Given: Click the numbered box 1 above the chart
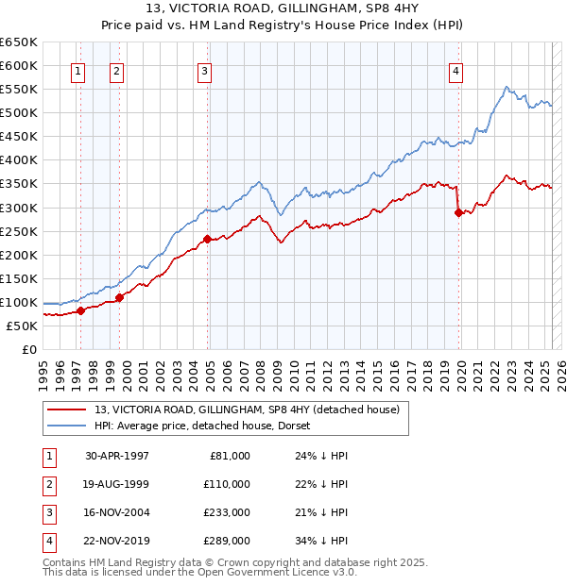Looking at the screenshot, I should click(77, 70).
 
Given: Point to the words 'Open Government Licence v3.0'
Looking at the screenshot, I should click(283, 572).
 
